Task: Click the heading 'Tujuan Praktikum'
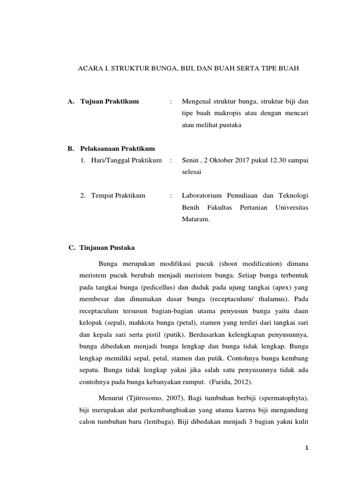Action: [x=110, y=101]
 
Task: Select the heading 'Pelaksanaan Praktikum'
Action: [x=117, y=149]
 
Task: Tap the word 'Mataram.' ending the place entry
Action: [x=195, y=218]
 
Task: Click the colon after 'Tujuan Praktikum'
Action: [x=172, y=101]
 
